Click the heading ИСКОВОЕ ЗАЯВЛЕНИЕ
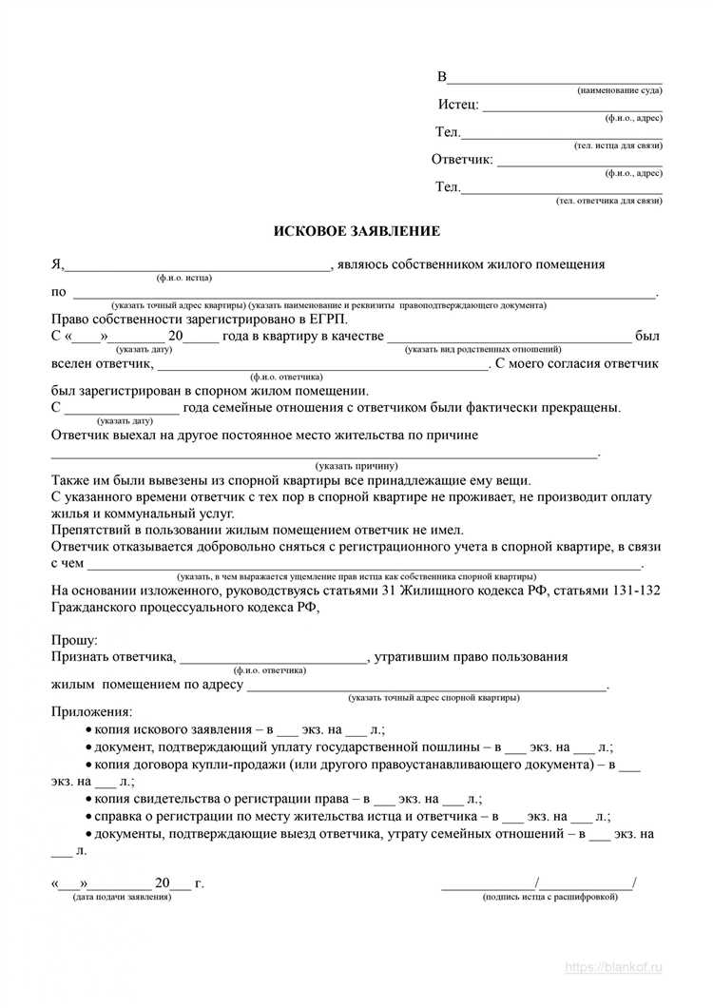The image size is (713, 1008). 356,231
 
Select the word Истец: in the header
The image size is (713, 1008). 458,105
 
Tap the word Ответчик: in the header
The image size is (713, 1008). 462,160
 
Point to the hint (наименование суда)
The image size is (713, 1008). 619,89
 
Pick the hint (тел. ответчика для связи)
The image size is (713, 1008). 608,202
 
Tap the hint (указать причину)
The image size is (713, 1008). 358,467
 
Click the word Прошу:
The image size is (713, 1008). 75,640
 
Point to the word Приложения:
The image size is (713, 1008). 92,712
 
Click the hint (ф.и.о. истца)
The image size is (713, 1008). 184,278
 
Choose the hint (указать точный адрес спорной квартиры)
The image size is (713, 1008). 434,698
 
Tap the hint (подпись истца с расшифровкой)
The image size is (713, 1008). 549,897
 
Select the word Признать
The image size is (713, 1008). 83,656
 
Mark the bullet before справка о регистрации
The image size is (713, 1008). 87,817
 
